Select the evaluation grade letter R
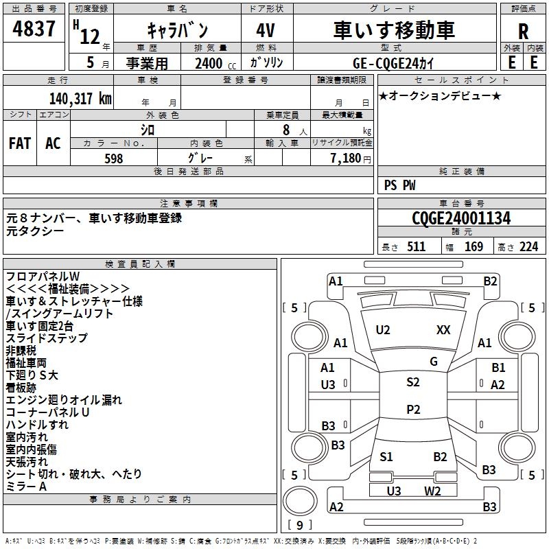(524, 32)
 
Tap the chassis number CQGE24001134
(462, 219)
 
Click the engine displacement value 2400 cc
(212, 63)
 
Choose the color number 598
(114, 159)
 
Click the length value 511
(416, 247)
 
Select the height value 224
(529, 247)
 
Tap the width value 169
(474, 247)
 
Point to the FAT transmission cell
(20, 143)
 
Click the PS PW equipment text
(399, 185)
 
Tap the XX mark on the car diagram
(443, 330)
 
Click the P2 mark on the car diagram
(413, 410)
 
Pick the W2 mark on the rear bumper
(432, 491)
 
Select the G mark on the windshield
(433, 362)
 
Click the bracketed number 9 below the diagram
(300, 526)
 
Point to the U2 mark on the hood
(383, 330)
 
